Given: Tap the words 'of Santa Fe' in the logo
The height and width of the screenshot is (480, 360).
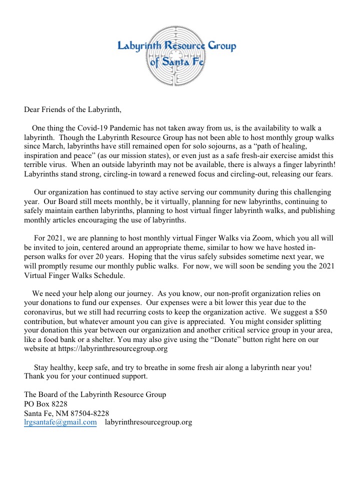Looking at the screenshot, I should (176, 63).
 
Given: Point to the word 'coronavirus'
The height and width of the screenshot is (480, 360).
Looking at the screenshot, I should (45, 312).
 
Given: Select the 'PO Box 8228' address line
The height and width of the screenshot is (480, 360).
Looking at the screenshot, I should (46, 404).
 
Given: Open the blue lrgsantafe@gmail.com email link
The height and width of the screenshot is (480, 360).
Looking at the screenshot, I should (60, 422).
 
